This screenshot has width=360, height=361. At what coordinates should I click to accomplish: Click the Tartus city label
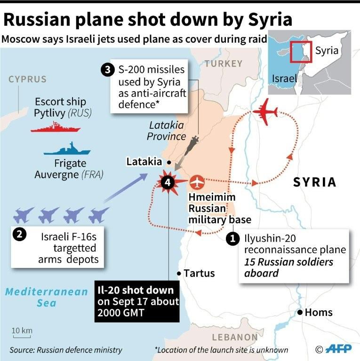click(199, 273)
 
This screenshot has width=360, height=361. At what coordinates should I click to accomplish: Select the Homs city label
click(319, 312)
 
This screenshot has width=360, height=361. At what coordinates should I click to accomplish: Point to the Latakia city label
click(144, 162)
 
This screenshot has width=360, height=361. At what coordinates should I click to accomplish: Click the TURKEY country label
click(224, 63)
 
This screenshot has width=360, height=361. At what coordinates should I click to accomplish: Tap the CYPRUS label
click(28, 79)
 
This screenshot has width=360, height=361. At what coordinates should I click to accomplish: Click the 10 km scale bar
click(22, 334)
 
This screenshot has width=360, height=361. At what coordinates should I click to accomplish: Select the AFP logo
click(338, 349)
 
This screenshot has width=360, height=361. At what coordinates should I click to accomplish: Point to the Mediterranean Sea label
click(47, 297)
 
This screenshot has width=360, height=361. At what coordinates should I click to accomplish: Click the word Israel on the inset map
click(285, 78)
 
